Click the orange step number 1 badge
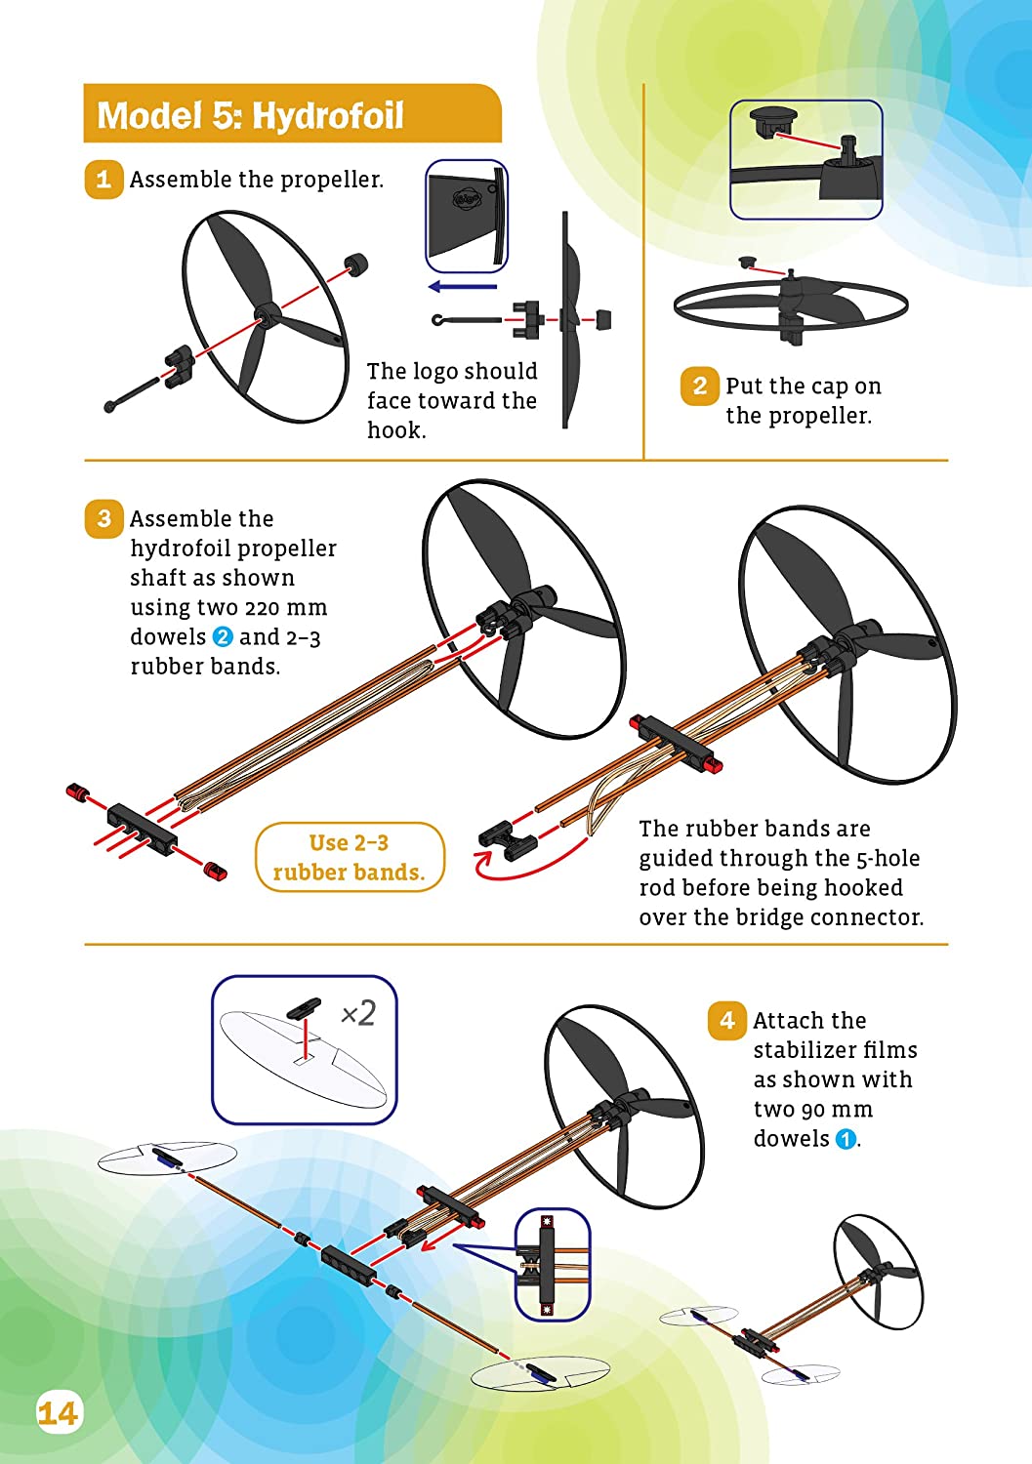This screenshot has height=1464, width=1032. click(103, 180)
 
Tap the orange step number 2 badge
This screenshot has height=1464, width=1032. click(699, 386)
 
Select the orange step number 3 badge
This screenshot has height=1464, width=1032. click(103, 518)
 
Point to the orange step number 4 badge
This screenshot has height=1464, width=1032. click(726, 1021)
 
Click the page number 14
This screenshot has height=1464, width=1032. click(58, 1413)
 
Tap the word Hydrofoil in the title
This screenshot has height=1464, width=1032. click(327, 116)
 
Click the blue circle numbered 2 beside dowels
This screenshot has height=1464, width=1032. click(223, 637)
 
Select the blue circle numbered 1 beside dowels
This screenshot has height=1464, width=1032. click(846, 1139)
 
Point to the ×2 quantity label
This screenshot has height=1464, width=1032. click(357, 1013)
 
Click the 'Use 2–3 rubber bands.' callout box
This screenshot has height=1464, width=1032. click(350, 857)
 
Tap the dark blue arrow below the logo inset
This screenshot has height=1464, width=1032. click(463, 287)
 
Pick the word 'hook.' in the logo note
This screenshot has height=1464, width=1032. click(396, 430)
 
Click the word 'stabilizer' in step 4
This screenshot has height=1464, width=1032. click(835, 1050)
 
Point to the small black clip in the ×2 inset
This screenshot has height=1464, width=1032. click(304, 1007)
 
